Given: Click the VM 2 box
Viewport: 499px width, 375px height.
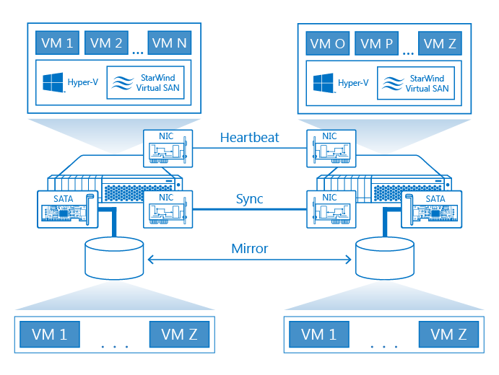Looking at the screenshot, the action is (106, 43).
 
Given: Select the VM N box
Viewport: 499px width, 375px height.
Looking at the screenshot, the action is (170, 43).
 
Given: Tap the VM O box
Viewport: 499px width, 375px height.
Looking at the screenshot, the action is (328, 43).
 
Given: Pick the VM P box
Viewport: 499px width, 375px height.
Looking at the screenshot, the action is (376, 43).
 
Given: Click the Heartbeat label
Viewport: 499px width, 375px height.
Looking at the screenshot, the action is (250, 138).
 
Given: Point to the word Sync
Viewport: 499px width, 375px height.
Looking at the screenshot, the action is (250, 199).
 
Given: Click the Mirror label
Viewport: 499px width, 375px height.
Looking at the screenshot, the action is (250, 249).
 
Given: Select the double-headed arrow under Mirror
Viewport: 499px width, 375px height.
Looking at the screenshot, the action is (250, 260).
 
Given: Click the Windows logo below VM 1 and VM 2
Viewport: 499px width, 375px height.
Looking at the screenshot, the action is (53, 82).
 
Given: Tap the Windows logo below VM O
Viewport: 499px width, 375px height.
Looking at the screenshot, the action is (324, 83).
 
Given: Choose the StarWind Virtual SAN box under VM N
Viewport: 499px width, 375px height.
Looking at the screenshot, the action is (145, 83).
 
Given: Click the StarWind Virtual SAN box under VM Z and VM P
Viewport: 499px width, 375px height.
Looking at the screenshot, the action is (416, 83).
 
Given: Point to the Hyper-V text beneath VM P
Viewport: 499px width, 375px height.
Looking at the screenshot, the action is (353, 83).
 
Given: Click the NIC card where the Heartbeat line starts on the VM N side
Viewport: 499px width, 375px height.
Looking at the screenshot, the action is (168, 149).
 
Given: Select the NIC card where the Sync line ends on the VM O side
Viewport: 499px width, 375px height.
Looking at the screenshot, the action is (331, 209).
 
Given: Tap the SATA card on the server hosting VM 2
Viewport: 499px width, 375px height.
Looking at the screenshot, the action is (67, 209).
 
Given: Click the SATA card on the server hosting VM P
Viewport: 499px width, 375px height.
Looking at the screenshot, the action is (432, 209).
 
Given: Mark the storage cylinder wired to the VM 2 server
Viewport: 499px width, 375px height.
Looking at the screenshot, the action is (114, 258).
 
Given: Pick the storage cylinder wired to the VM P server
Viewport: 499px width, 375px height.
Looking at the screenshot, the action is (385, 258).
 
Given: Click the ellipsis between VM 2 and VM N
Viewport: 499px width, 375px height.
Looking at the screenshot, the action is (138, 53).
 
